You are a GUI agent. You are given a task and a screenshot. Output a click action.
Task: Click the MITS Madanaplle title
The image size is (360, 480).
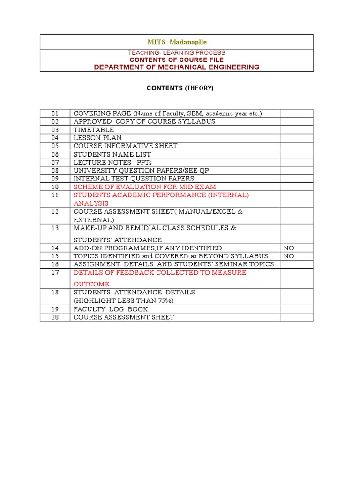(177, 42)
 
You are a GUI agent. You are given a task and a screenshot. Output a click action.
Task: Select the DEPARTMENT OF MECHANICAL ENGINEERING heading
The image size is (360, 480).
(177, 67)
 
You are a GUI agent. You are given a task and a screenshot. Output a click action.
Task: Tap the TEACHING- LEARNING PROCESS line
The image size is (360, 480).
(177, 53)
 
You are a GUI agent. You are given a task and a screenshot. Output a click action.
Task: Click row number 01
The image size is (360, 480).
(55, 113)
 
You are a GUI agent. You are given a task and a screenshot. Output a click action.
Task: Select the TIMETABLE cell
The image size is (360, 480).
(94, 130)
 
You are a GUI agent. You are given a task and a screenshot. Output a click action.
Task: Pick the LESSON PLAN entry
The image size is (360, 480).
(97, 138)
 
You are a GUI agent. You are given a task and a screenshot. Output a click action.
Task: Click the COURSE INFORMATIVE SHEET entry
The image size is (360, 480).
(125, 146)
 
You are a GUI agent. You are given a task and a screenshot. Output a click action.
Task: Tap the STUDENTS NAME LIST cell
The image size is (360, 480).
(112, 154)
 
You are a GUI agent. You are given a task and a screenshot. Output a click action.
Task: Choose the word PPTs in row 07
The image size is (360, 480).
(145, 162)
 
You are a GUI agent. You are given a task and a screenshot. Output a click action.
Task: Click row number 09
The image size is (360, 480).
(55, 179)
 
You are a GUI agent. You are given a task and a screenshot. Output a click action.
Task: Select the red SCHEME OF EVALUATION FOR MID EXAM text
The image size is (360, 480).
(145, 187)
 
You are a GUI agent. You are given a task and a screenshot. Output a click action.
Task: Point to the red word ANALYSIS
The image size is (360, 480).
(91, 203)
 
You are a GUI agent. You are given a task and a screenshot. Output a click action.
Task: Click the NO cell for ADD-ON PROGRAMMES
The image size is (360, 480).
(289, 248)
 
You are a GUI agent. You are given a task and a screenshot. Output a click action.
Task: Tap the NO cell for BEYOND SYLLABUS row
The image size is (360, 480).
(289, 256)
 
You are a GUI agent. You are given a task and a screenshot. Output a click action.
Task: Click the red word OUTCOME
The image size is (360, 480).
(91, 284)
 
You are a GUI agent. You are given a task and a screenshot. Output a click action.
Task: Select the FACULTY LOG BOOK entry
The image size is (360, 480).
(111, 309)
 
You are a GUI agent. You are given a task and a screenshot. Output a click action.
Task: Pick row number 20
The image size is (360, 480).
(55, 317)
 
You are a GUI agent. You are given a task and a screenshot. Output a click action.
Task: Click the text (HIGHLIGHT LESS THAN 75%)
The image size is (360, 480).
(123, 300)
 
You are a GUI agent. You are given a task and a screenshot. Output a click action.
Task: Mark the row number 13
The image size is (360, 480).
(55, 228)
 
